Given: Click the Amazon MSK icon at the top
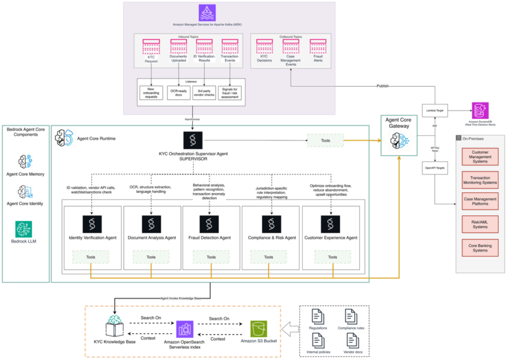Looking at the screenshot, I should click(207, 13).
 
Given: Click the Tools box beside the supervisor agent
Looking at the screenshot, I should click(325, 141).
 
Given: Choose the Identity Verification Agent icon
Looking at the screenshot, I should click(93, 224).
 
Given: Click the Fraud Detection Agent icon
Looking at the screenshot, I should click(209, 224).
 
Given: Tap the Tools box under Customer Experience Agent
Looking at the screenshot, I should click(332, 257).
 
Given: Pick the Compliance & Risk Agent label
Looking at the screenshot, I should click(272, 238).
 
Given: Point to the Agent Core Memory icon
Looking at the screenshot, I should click(25, 162).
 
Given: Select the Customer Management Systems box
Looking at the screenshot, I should click(480, 157).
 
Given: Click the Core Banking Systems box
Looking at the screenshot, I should click(480, 247).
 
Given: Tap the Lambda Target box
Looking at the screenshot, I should click(434, 110).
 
